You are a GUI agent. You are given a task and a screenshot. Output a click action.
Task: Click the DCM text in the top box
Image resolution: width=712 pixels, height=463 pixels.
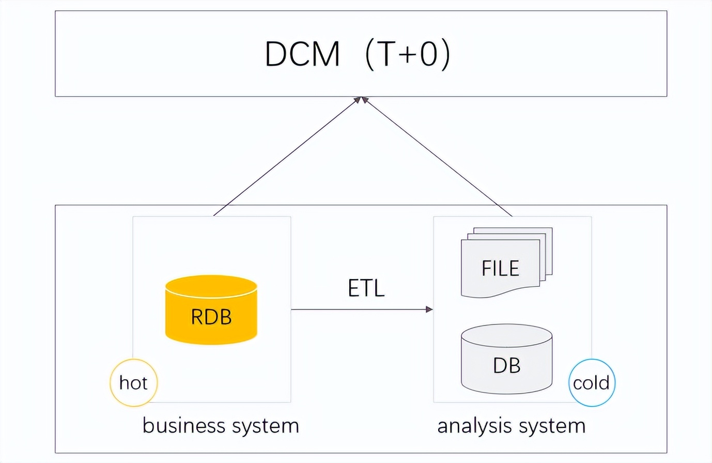tap(302, 54)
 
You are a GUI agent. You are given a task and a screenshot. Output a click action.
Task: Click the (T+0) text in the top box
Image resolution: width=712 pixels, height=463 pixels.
tap(408, 54)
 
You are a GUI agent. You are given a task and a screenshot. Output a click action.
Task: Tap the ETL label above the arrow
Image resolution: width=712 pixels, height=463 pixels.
tap(366, 288)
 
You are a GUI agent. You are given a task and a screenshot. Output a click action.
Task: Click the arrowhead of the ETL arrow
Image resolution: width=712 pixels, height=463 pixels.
tap(429, 310)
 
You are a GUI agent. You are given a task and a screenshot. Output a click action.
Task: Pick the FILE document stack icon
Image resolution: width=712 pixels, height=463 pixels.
tap(506, 263)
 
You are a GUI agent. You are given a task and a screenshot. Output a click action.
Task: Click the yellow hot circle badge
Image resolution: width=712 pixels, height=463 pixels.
tap(133, 383)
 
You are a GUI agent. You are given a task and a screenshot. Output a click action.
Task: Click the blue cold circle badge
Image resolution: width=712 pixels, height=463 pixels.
tap(592, 383)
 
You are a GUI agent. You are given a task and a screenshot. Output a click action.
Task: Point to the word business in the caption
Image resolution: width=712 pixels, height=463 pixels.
tap(184, 426)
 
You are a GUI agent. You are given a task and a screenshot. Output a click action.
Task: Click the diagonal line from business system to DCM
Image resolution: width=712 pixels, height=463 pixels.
tap(287, 157)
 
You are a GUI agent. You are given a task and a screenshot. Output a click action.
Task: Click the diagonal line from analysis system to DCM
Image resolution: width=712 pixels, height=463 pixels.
tap(438, 157)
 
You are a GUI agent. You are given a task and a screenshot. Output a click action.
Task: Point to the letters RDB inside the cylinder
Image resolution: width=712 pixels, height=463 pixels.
tap(211, 317)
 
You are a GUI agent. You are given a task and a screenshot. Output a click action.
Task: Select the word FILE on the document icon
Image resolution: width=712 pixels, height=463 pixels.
tap(500, 269)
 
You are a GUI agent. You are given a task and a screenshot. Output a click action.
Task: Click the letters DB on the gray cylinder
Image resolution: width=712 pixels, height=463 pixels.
tap(506, 365)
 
